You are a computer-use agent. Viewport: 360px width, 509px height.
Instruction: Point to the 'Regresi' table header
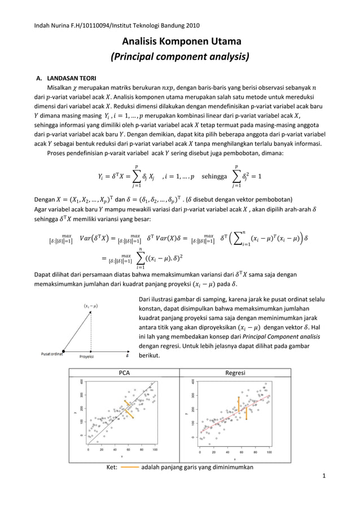(235, 372)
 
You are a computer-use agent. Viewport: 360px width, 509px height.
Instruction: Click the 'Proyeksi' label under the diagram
(86, 357)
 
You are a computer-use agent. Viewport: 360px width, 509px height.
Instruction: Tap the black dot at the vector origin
(63, 350)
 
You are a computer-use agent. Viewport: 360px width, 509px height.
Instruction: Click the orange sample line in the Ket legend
(129, 467)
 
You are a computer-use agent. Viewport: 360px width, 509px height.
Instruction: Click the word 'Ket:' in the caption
(112, 467)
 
